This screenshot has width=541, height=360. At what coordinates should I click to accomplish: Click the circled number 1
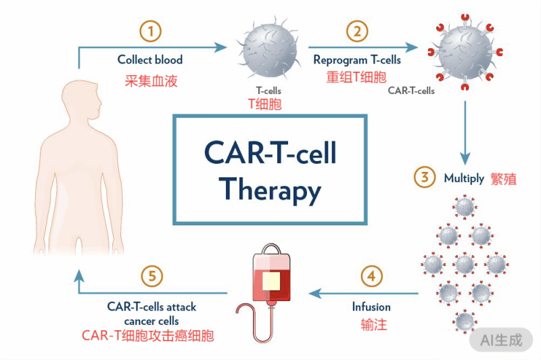point(151,31)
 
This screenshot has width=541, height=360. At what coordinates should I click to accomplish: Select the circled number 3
point(425,178)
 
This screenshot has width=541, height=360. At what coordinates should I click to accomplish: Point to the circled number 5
point(153,276)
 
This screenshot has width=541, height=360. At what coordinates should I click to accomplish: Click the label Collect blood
point(150,60)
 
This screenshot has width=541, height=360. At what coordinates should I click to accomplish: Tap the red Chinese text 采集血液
point(151,81)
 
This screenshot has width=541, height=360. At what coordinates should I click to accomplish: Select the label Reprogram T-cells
point(357,60)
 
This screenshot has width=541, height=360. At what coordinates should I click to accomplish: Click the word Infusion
point(371,307)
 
